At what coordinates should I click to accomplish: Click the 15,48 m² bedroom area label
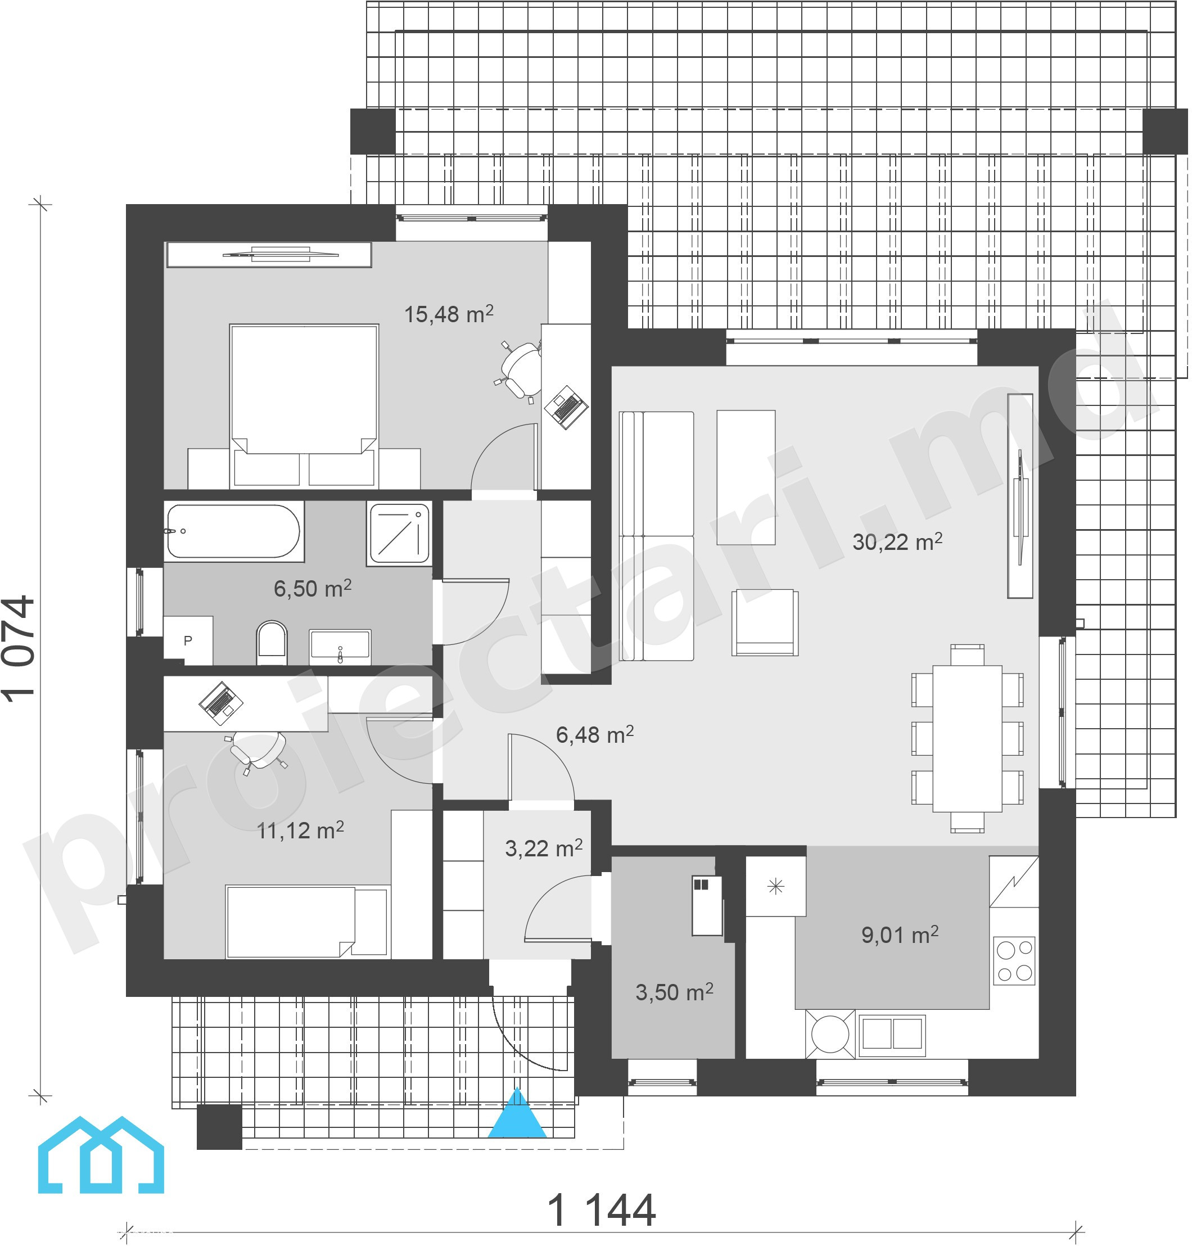pos(449,314)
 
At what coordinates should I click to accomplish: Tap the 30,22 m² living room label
pos(897,541)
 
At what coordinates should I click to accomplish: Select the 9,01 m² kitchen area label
pos(900,934)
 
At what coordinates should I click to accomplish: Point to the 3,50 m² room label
pos(674,992)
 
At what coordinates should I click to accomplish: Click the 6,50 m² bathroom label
pos(313,588)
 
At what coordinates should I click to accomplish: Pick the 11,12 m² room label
pos(300,830)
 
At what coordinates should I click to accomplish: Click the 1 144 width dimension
pos(601,1211)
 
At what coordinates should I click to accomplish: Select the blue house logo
pos(101,1154)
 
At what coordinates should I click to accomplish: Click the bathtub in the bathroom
pos(234,531)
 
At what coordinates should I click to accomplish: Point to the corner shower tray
pos(399,533)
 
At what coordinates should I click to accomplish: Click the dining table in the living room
pos(967,738)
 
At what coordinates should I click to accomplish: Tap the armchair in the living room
pos(765,622)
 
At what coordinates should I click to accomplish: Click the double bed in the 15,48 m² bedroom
pos(304,405)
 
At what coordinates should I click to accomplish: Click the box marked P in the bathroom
pos(188,640)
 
